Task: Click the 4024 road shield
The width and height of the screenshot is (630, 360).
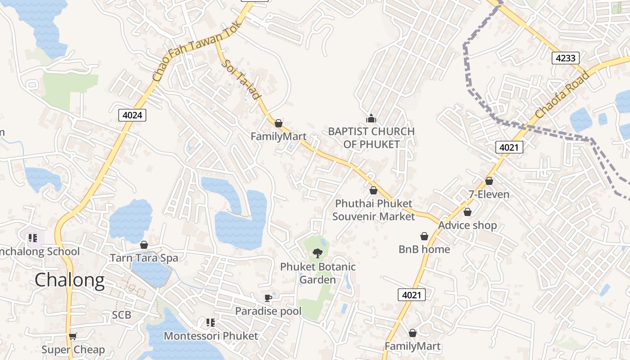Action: [x=132, y=115]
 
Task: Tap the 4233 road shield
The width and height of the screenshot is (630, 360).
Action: [x=565, y=58]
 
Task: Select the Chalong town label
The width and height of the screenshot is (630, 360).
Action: [x=70, y=280]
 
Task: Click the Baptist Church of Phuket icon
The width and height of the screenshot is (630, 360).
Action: [x=371, y=118]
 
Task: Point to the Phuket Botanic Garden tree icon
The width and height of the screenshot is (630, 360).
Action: [x=318, y=253]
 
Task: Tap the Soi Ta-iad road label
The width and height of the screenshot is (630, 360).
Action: [x=242, y=80]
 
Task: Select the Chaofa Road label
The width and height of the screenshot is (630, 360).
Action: [x=562, y=95]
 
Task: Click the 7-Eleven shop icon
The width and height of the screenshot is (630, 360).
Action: [x=489, y=181]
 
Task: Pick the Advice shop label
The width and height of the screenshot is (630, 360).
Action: [x=468, y=225]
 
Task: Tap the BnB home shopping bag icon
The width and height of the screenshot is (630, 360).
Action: [x=424, y=236]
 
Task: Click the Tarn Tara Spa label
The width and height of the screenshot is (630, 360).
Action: [x=144, y=258]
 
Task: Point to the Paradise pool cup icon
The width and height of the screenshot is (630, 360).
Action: [x=268, y=298]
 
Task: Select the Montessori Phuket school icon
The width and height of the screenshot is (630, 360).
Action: [x=210, y=322]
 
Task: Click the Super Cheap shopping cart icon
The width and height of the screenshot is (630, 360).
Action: [x=73, y=336]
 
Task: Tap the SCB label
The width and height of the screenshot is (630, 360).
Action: [x=121, y=315]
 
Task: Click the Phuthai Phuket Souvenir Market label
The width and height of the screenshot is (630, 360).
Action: [x=373, y=210]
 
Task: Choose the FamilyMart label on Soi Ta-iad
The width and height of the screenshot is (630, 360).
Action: [x=279, y=136]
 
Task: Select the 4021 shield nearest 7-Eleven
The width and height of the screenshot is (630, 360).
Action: [x=509, y=147]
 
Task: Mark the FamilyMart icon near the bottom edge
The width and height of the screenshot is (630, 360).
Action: [x=413, y=333]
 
